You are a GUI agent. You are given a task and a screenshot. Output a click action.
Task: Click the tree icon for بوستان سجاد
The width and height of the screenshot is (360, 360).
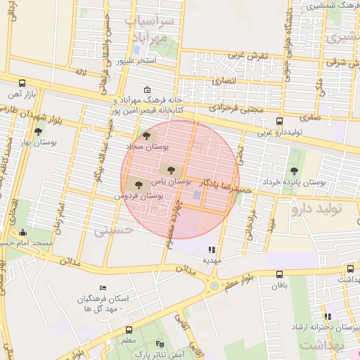146,136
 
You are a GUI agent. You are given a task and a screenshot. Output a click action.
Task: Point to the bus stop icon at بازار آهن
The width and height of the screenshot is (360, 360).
22,82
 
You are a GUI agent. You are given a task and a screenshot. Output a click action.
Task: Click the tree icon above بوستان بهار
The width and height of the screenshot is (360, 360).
37,131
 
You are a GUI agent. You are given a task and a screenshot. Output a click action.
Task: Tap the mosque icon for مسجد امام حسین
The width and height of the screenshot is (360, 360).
22,233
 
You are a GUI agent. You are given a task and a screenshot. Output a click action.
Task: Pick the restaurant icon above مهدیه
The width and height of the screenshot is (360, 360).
212,249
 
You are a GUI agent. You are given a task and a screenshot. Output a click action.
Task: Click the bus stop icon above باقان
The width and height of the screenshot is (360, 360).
280,275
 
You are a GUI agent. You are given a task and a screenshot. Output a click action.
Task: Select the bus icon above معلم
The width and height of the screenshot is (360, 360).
129,330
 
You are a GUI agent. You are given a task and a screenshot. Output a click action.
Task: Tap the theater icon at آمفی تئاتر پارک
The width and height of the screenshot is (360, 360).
161,345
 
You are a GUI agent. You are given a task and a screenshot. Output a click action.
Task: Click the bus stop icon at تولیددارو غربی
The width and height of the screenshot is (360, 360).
280,121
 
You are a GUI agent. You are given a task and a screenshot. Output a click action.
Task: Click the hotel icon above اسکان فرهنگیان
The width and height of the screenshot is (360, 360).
103,288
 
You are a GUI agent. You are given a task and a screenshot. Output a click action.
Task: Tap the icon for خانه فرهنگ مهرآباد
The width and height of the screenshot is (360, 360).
146,90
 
